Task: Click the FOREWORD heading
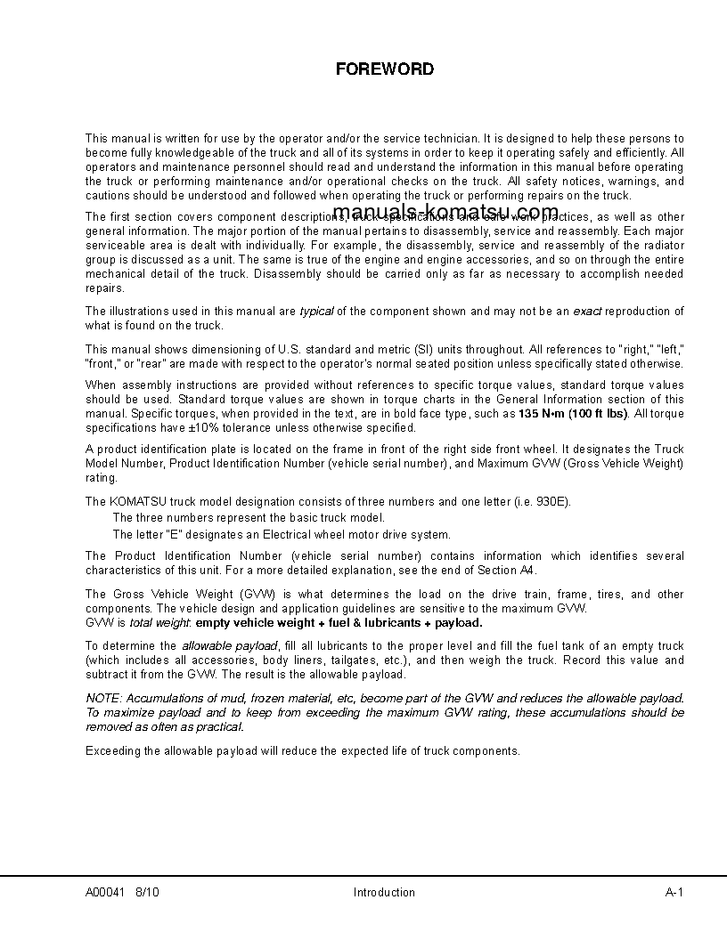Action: click(384, 69)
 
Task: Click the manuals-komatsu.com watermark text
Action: click(445, 212)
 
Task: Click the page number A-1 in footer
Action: click(674, 893)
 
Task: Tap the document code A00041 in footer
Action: click(106, 893)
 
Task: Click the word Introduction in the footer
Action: click(384, 893)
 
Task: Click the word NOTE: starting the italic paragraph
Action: click(102, 699)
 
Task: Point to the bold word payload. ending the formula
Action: click(460, 623)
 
